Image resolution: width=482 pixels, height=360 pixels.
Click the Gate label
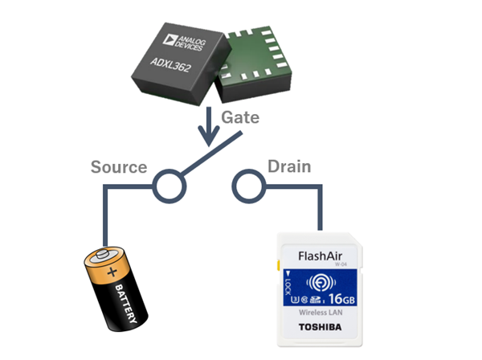point(240,117)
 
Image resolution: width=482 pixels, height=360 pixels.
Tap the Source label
point(118,167)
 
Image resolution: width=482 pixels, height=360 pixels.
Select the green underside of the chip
point(255,63)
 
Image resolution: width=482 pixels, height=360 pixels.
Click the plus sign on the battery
point(110,272)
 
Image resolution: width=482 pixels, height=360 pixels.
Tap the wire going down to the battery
point(104,221)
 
